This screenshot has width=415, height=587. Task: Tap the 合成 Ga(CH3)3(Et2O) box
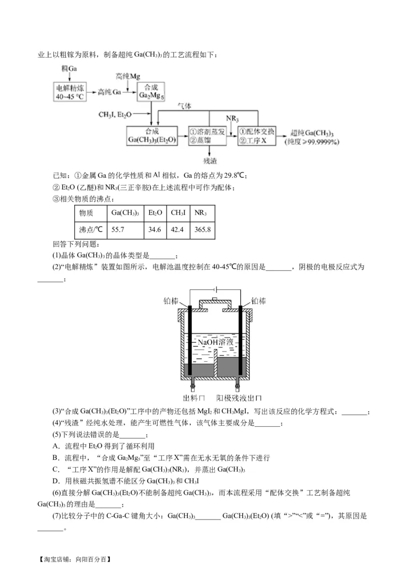[x=152, y=135]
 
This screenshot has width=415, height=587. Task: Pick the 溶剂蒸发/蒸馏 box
[x=208, y=135]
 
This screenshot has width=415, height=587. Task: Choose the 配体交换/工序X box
[x=257, y=135]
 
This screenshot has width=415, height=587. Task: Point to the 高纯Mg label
[x=128, y=76]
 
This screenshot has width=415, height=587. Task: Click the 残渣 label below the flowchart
[x=210, y=160]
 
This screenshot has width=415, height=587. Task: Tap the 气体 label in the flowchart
[x=185, y=106]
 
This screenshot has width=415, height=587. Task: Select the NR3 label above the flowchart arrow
[x=232, y=119]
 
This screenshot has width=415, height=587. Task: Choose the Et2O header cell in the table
[x=155, y=213]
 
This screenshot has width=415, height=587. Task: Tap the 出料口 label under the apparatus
[x=193, y=398]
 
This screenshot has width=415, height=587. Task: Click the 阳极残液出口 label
[x=239, y=398]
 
